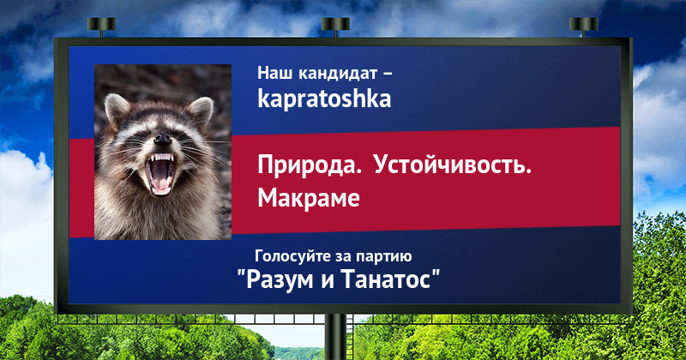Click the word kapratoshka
[x=324, y=99]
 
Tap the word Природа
[x=310, y=166]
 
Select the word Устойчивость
[x=453, y=165]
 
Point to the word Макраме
[x=309, y=198]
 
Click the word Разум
[x=280, y=279]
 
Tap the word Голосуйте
[x=292, y=256]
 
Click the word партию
[x=383, y=257]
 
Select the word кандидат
[x=332, y=73]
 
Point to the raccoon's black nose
[x=163, y=140]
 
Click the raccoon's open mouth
[x=161, y=173]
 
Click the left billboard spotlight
[x=101, y=27]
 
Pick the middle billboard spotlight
[x=335, y=27]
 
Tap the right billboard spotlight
[x=583, y=27]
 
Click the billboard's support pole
[x=336, y=337]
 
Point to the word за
[x=341, y=257]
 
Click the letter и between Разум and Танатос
[x=328, y=280]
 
